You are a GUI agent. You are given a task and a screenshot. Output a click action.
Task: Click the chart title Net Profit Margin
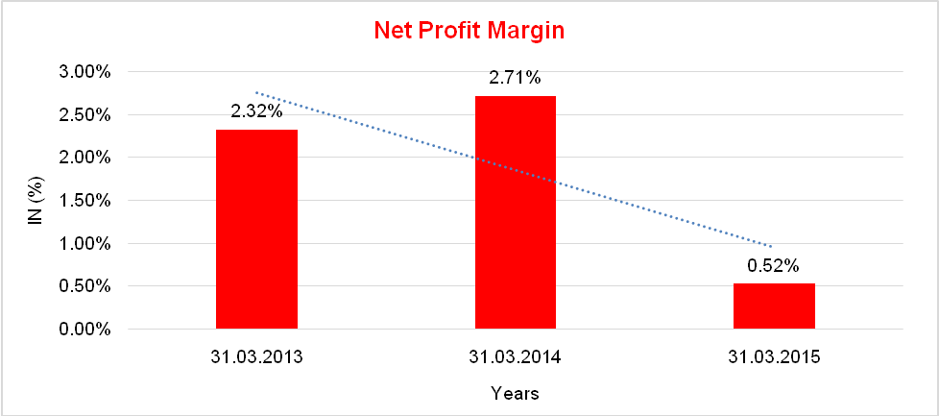click(469, 31)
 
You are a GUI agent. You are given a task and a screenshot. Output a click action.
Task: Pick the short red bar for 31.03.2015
click(773, 306)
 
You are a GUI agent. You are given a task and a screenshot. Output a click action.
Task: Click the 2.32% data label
click(256, 111)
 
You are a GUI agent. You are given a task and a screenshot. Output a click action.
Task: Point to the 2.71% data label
click(515, 78)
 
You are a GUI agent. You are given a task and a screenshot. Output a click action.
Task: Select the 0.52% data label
click(773, 266)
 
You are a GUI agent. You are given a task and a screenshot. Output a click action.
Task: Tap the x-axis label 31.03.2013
click(256, 358)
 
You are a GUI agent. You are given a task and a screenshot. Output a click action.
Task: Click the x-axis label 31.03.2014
click(515, 358)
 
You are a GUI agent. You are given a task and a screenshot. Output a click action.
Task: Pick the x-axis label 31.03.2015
click(773, 358)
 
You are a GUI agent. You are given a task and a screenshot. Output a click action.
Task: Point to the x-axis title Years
click(515, 393)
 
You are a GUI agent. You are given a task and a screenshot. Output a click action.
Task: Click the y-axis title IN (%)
click(35, 201)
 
